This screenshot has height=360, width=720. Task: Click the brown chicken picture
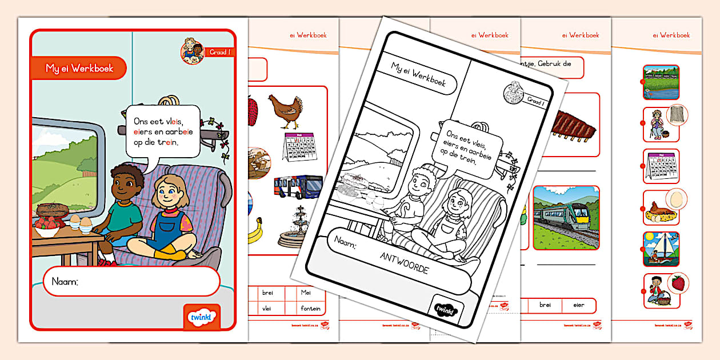pyautogui.click(x=286, y=111)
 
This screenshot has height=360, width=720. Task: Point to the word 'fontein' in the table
pyautogui.click(x=310, y=309)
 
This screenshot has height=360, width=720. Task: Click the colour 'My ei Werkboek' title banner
pyautogui.click(x=79, y=68)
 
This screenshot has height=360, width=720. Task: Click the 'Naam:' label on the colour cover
pyautogui.click(x=65, y=282)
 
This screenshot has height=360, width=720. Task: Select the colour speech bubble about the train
pyautogui.click(x=162, y=131)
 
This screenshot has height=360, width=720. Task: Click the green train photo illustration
pyautogui.click(x=566, y=218)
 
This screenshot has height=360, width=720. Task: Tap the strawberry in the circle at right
pyautogui.click(x=678, y=283)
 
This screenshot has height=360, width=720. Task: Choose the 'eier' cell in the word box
pyautogui.click(x=578, y=305)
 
